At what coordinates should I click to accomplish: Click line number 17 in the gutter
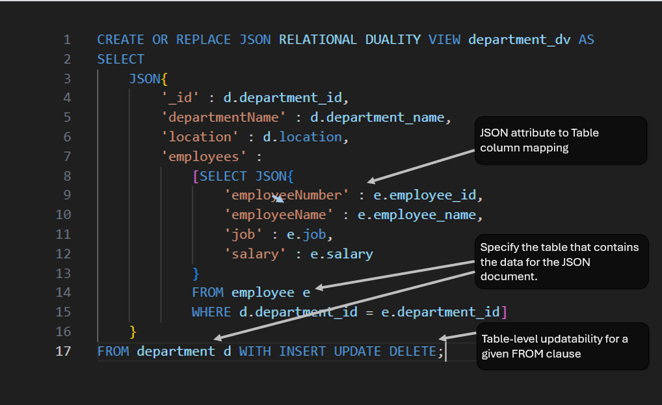point(63,351)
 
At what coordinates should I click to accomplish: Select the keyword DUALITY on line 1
point(393,40)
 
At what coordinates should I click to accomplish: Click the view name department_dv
point(520,40)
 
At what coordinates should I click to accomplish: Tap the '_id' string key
point(180,98)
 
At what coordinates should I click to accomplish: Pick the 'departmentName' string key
point(224,117)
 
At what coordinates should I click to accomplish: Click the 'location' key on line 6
point(200,137)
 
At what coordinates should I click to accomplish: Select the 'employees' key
point(204,157)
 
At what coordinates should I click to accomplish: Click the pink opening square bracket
point(196,176)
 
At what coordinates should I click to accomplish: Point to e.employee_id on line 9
point(424,195)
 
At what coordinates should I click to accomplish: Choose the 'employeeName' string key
point(278,215)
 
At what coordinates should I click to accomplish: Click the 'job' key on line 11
point(244,235)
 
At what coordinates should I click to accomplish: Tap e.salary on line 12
point(341,254)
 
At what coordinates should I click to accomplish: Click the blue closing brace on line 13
point(196,274)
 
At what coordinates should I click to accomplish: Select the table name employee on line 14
point(263,293)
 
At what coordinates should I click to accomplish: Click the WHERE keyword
point(211,312)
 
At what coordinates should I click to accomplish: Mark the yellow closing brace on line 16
point(133,332)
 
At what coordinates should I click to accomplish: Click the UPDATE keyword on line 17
point(357,352)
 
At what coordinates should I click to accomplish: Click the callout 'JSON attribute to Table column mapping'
point(561,140)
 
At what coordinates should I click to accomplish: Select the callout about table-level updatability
point(563,346)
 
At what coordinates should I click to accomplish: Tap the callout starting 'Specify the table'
point(561,261)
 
